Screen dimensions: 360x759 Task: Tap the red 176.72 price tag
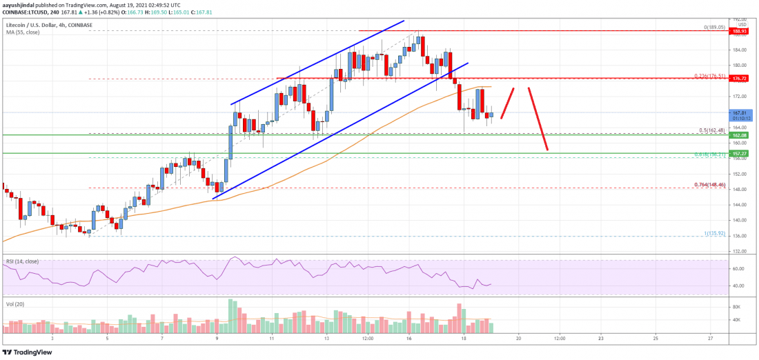pyautogui.click(x=739, y=79)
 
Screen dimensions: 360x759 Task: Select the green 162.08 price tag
pyautogui.click(x=739, y=135)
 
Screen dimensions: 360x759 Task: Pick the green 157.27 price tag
pyautogui.click(x=739, y=153)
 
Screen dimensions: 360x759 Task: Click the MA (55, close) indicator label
pyautogui.click(x=22, y=32)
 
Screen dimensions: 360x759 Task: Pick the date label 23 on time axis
pyautogui.click(x=601, y=338)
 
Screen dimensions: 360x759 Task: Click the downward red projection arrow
pyautogui.click(x=538, y=119)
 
